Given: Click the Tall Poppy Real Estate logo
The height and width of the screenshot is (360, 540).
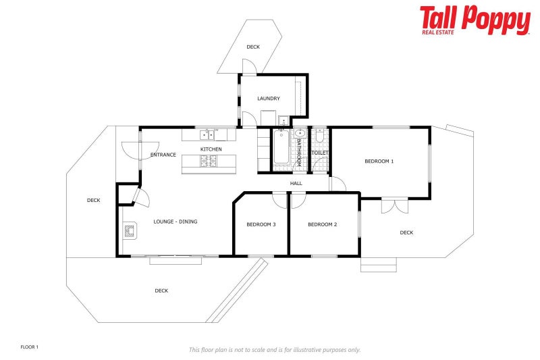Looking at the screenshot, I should pyautogui.click(x=475, y=20).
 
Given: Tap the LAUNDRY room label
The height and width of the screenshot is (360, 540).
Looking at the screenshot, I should pyautogui.click(x=268, y=99).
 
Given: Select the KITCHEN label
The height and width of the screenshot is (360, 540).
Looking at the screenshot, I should pyautogui.click(x=211, y=149).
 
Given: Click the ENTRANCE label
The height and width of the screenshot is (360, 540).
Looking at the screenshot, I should pyautogui.click(x=163, y=155).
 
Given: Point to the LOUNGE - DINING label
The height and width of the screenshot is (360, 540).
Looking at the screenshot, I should pyautogui.click(x=175, y=222).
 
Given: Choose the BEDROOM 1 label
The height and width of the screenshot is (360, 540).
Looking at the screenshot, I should pyautogui.click(x=379, y=161).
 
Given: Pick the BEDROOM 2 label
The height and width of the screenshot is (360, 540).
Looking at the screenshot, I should pyautogui.click(x=322, y=224).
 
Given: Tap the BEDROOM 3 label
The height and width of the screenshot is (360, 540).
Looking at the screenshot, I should pyautogui.click(x=261, y=224).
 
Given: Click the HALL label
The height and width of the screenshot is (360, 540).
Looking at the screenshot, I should pyautogui.click(x=296, y=183).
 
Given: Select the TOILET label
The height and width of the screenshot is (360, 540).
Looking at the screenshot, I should pyautogui.click(x=320, y=153).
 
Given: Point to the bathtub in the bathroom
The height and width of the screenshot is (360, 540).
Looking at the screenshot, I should pyautogui.click(x=281, y=149).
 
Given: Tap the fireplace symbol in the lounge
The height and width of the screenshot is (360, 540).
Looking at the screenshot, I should pyautogui.click(x=130, y=232).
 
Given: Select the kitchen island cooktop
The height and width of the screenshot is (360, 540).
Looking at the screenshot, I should pyautogui.click(x=209, y=161).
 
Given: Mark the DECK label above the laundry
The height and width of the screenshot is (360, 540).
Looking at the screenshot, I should pyautogui.click(x=253, y=47).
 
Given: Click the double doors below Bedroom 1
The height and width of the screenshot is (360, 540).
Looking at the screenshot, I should pyautogui.click(x=394, y=205).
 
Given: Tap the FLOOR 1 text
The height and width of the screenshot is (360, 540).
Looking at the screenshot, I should pyautogui.click(x=30, y=347).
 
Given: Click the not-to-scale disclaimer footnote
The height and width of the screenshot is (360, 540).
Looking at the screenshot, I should pyautogui.click(x=274, y=350).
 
